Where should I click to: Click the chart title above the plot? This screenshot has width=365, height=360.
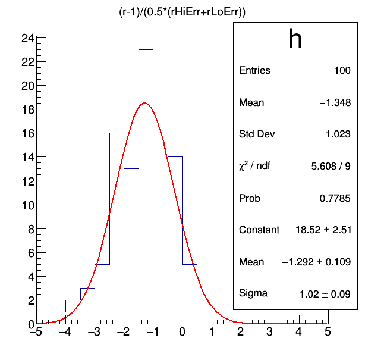click(x=182, y=12)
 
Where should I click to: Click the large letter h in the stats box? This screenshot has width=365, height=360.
click(x=295, y=39)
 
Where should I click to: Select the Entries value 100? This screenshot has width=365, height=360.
click(x=342, y=71)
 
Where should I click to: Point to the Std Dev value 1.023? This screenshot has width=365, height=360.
click(x=338, y=134)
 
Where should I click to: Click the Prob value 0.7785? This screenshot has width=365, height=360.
click(x=337, y=198)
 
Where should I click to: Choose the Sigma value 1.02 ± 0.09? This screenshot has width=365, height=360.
click(x=325, y=293)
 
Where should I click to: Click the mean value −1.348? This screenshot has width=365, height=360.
click(x=335, y=103)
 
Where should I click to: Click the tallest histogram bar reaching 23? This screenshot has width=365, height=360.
click(x=146, y=179)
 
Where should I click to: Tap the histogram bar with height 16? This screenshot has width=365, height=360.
click(x=117, y=226)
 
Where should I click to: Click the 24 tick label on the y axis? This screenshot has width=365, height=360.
click(x=27, y=38)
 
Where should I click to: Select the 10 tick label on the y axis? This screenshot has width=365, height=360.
click(x=27, y=205)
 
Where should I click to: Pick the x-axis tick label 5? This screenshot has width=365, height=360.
click(x=328, y=333)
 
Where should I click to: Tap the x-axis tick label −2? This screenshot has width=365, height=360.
click(x=122, y=333)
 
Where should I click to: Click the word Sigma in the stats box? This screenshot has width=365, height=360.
click(x=253, y=293)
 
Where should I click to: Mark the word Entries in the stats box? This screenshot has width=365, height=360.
click(x=254, y=71)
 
